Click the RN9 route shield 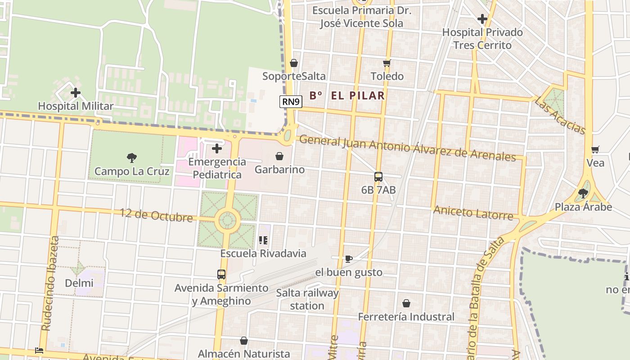(x=291, y=102)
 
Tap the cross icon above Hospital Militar (x=76, y=93)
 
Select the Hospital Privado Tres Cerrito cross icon (x=482, y=19)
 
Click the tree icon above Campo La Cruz (x=132, y=158)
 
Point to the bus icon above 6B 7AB (x=378, y=177)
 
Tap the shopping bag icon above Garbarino (x=279, y=156)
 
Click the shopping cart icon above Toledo (x=387, y=63)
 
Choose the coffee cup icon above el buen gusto (x=348, y=259)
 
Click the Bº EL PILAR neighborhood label (x=347, y=95)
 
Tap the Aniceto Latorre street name (x=473, y=212)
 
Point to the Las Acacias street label (x=560, y=116)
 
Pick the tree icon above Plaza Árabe (x=583, y=193)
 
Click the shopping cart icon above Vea (x=595, y=149)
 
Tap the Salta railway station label (x=307, y=299)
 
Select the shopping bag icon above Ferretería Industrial (x=406, y=304)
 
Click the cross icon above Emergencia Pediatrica (x=217, y=148)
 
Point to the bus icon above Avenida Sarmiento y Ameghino (x=221, y=274)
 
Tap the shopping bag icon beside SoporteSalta (x=294, y=63)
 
